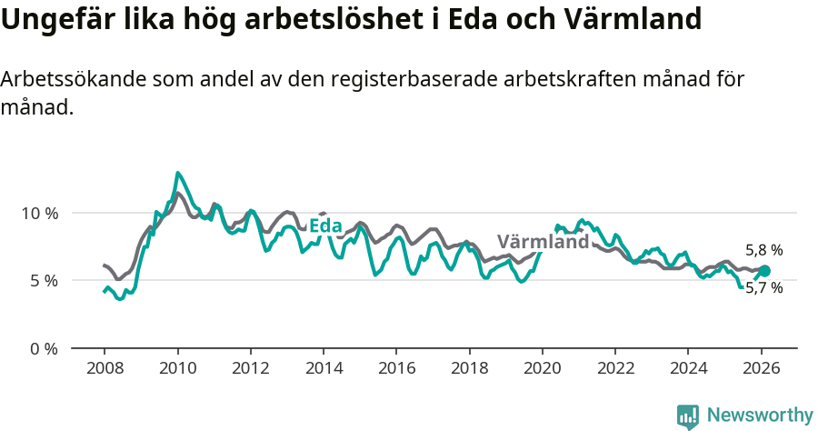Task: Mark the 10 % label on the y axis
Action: (x=39, y=213)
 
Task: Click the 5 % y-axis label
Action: (x=43, y=280)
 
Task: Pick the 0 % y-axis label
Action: (x=43, y=348)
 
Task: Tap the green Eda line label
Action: (x=325, y=226)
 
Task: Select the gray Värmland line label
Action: (x=544, y=242)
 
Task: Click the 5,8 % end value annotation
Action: (x=763, y=250)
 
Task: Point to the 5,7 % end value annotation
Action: (x=763, y=287)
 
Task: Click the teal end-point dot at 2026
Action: (x=764, y=271)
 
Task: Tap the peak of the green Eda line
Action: (x=177, y=173)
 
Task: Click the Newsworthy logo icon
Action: (x=688, y=416)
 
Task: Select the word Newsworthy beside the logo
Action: (x=760, y=416)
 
